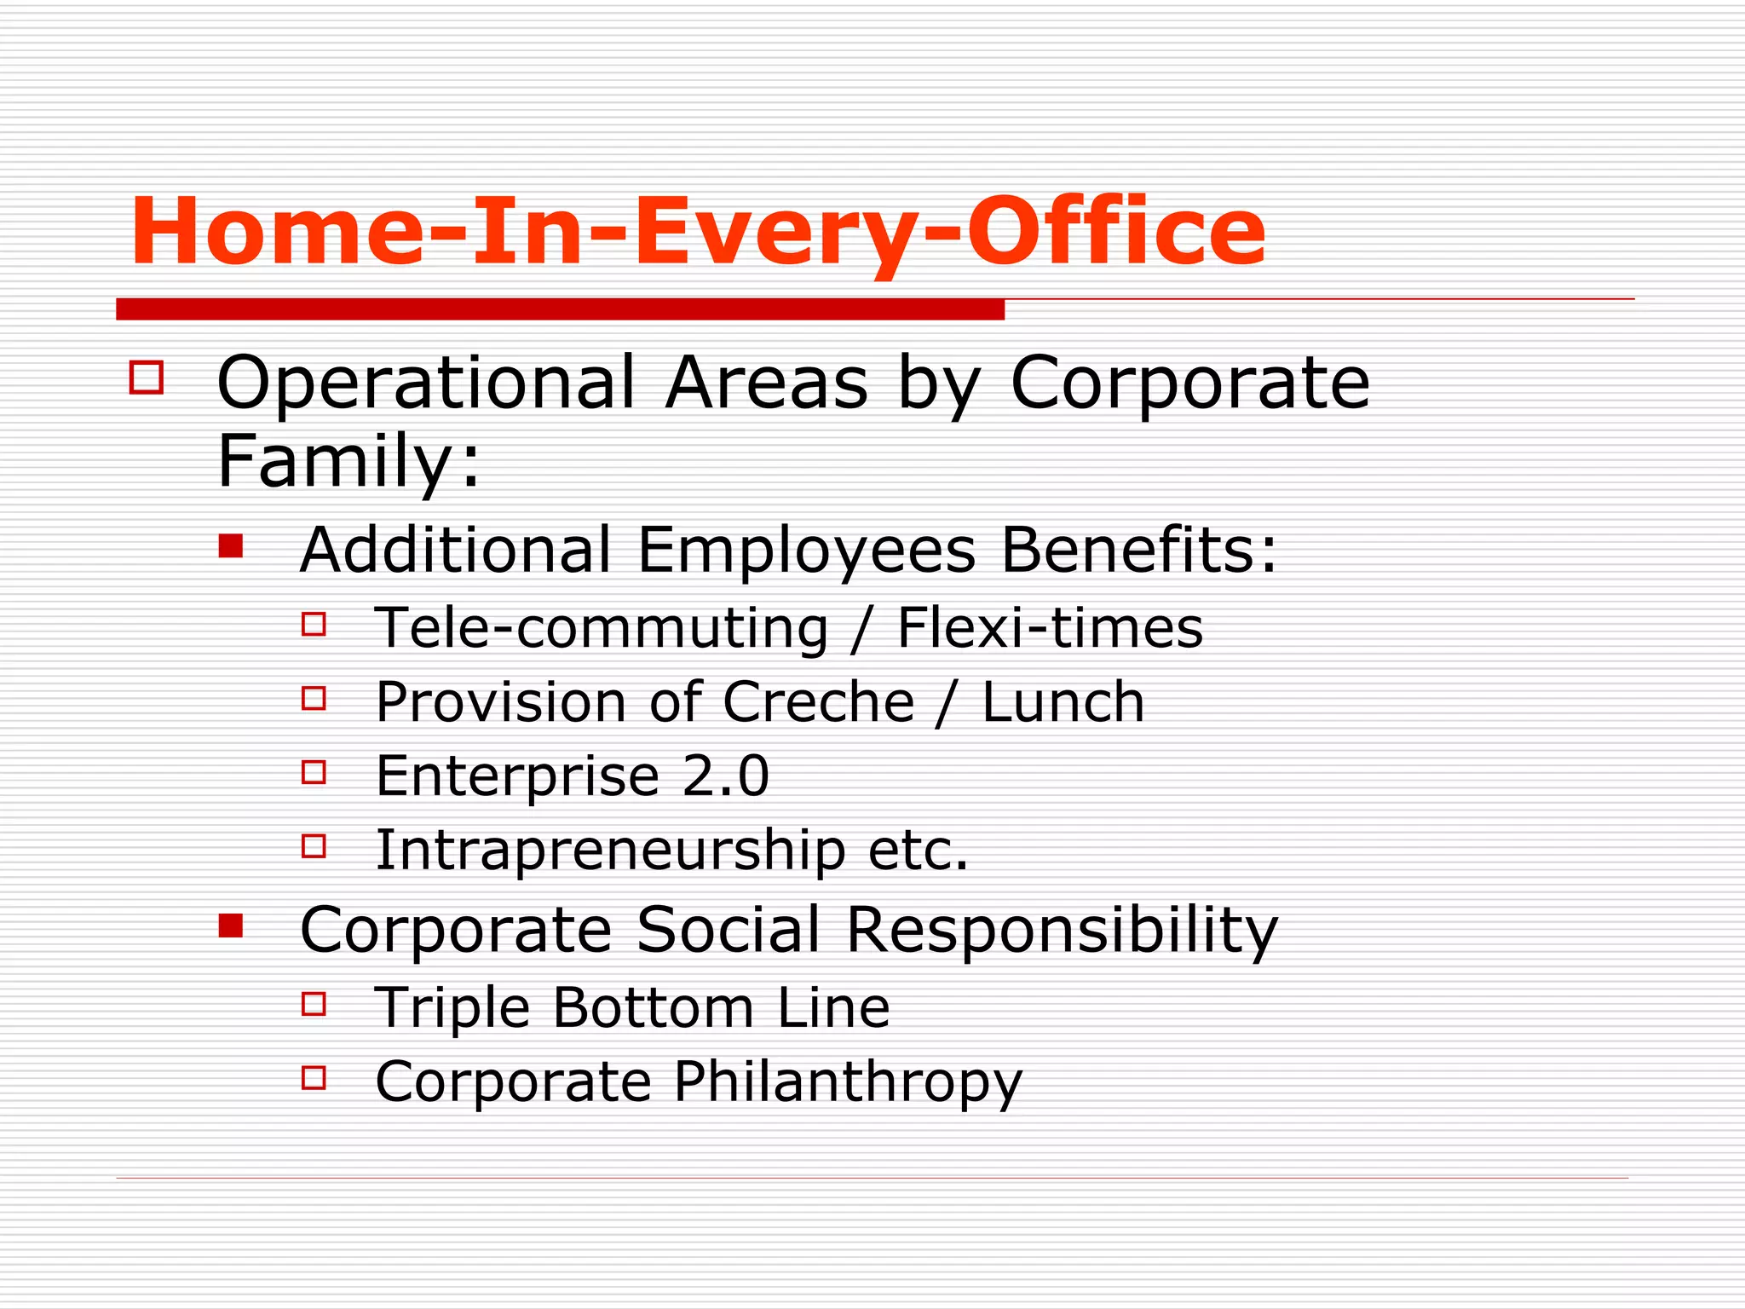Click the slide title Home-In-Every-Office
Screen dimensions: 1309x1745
[x=697, y=232]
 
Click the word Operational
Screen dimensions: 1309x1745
[x=426, y=383]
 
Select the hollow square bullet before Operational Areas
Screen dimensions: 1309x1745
[x=147, y=377]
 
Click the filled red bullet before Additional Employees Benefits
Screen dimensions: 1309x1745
[x=230, y=545]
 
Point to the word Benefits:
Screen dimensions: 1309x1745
[x=1138, y=550]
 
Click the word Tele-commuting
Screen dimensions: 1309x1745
[x=602, y=628]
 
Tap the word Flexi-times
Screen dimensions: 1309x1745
[x=1050, y=628]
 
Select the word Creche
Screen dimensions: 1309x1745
[x=819, y=702]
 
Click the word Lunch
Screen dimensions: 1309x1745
[x=1063, y=702]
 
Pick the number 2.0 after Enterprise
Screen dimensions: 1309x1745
[x=725, y=776]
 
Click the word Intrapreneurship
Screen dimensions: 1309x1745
[x=610, y=851]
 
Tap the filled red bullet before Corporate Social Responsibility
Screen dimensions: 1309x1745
[x=230, y=926]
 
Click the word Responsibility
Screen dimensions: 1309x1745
[x=1062, y=930]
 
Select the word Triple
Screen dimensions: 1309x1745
[x=452, y=1008]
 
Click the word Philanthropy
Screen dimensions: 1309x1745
[x=848, y=1082]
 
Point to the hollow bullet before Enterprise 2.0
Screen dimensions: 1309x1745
[x=314, y=772]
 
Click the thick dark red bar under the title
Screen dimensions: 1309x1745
[x=560, y=309]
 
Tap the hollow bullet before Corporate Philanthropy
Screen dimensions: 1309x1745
[x=314, y=1078]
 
